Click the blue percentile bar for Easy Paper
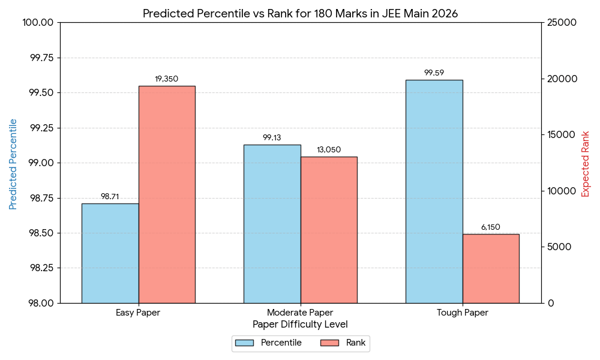pos(110,253)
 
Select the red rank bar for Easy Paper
pos(167,194)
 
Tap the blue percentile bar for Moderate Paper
pos(272,224)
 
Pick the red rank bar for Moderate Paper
pos(329,230)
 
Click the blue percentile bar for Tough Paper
pos(434,191)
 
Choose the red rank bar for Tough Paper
pos(491,268)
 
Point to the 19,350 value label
pos(167,79)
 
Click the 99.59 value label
pos(434,73)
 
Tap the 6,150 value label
pos(491,227)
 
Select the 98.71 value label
pos(110,197)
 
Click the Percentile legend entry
pos(269,343)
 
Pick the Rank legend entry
pos(344,343)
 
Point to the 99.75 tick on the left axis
pos(41,58)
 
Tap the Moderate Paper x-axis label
pos(300,313)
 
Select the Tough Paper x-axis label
pos(462,313)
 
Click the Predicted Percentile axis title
pos(13,164)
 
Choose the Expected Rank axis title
pos(586,164)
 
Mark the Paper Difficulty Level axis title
pos(300,325)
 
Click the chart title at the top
pos(300,14)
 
